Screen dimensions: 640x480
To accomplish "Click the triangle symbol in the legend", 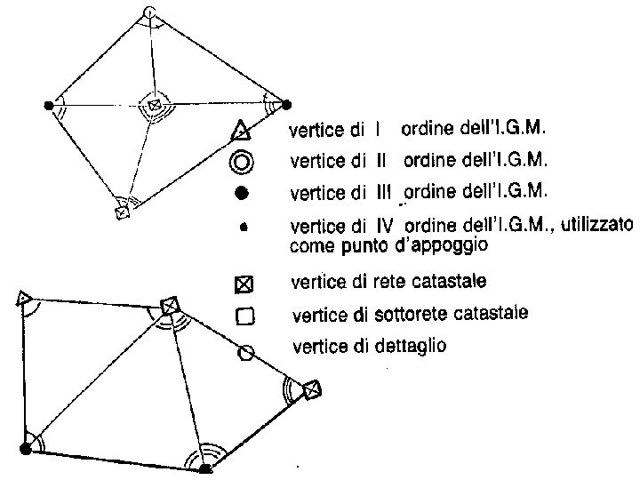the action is click(x=242, y=132).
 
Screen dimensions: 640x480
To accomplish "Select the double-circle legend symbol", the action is click(x=242, y=162).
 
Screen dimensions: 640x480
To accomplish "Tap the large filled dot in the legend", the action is click(x=242, y=193).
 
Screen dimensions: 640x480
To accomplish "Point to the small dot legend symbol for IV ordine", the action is click(x=243, y=228).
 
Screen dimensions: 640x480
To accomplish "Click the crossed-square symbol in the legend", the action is click(x=244, y=285).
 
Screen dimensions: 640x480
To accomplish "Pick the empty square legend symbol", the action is click(x=244, y=316).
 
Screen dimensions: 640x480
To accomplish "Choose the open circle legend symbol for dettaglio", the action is click(x=246, y=353).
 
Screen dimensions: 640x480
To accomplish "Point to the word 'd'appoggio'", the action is click(x=439, y=244).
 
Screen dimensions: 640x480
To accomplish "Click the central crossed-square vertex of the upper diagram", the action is click(x=154, y=106).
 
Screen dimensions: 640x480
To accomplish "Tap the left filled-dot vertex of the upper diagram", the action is click(x=48, y=105).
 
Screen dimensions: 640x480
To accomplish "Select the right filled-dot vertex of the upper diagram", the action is click(x=285, y=104).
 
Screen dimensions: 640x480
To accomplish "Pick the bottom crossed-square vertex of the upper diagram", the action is click(x=122, y=212).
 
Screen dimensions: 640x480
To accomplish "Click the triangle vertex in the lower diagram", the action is click(x=24, y=298).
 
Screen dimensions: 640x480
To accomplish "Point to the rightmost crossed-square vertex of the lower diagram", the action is click(x=310, y=389).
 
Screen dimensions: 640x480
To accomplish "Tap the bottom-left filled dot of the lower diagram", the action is click(x=25, y=448).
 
